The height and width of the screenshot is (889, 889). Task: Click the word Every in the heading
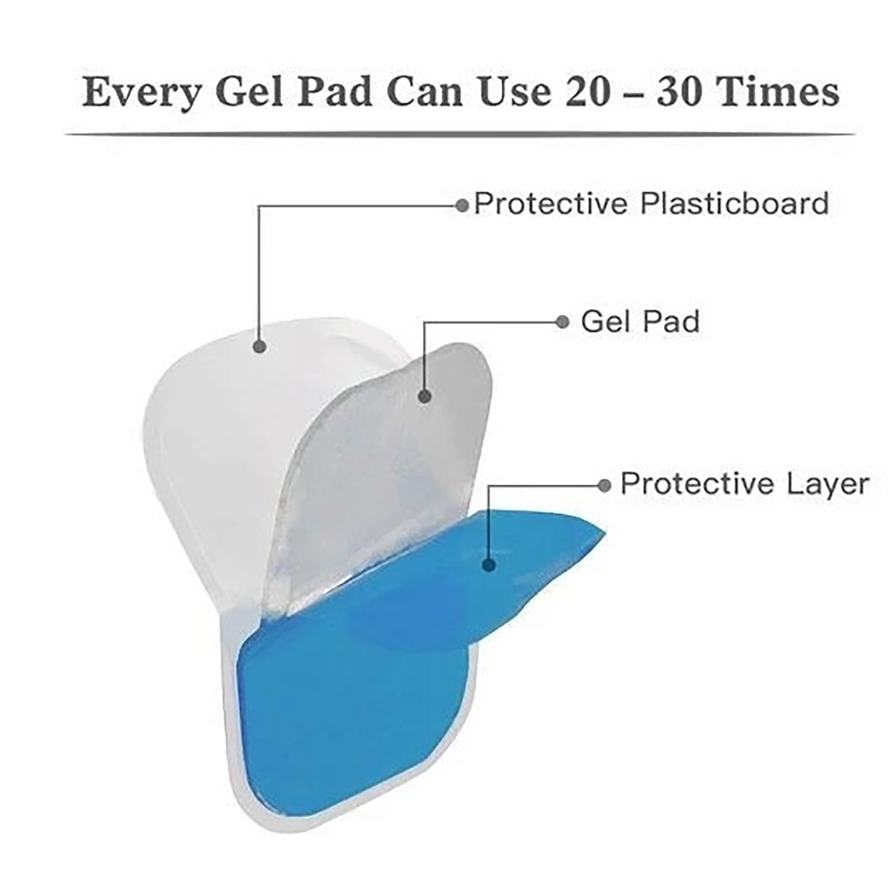[142, 93]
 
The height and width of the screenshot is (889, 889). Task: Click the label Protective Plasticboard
[651, 203]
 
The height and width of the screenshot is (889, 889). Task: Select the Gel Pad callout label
[640, 322]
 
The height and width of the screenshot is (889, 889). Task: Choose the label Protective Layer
[745, 484]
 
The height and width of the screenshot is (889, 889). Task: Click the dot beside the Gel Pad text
[562, 322]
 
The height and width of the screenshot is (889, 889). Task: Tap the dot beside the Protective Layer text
[604, 486]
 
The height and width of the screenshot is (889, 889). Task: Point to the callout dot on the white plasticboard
[259, 347]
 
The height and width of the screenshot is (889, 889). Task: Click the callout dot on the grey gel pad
[424, 396]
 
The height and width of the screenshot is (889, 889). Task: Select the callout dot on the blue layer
[489, 566]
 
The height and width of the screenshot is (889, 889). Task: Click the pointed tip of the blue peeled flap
[605, 533]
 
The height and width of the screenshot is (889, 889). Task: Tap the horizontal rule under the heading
[460, 134]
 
